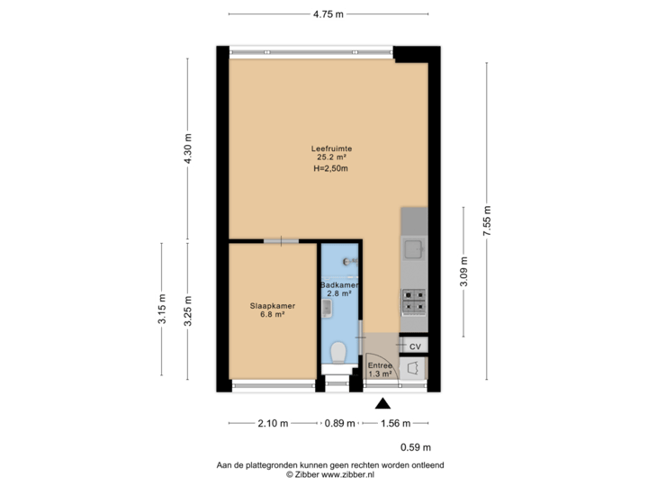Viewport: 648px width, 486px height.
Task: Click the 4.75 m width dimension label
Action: pos(328,13)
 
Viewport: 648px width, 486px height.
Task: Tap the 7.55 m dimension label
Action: pos(487,220)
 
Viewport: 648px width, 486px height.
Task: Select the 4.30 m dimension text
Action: pos(187,149)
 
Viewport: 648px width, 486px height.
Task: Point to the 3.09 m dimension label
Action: pos(463,273)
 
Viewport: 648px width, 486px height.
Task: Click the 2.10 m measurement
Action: pos(274,423)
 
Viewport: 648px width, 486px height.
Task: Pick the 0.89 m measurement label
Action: pos(340,423)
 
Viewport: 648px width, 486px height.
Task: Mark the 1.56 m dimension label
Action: pos(395,423)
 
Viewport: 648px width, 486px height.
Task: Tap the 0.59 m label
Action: pos(416,447)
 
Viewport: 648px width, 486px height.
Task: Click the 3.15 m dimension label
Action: pos(162,309)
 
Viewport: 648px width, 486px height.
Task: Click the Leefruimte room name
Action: pos(331,148)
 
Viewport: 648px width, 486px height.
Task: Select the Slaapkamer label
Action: pos(273,306)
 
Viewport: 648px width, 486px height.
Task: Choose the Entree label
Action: pos(379,365)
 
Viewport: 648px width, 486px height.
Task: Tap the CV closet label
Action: pos(415,346)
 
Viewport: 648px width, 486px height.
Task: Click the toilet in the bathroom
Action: pos(339,351)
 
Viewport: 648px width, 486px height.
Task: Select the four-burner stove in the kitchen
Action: pos(414,301)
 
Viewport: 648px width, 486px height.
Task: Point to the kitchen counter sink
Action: pos(414,248)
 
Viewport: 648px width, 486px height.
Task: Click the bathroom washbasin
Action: pos(328,309)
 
